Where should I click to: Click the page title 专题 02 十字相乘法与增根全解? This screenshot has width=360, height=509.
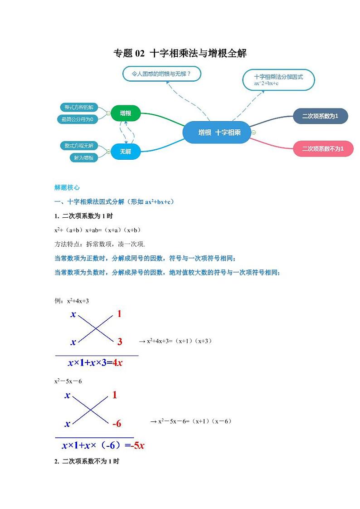(180, 54)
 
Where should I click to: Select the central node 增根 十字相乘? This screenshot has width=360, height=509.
(217, 132)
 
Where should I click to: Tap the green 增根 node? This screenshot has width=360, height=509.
(126, 113)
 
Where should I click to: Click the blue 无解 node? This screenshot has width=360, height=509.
(126, 152)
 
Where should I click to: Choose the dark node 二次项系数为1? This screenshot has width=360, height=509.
(321, 116)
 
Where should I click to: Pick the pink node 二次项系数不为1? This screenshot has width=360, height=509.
(323, 148)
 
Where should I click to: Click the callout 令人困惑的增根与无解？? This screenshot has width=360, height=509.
(161, 73)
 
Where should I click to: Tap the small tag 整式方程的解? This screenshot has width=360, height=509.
(79, 108)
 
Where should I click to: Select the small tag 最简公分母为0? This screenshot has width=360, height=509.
(78, 119)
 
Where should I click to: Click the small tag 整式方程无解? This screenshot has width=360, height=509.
(79, 146)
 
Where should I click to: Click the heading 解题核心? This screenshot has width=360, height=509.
(67, 187)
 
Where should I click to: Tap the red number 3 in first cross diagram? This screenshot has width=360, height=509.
(120, 342)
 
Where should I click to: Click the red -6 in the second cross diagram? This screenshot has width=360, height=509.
(117, 423)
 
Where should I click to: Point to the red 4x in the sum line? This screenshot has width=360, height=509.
(117, 362)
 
